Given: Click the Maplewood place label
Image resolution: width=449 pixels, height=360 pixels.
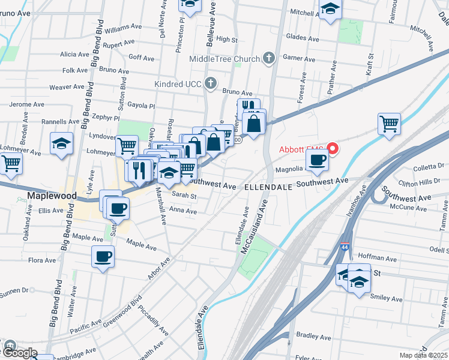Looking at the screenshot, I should pyautogui.click(x=52, y=196).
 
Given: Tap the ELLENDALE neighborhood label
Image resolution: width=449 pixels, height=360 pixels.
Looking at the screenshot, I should pyautogui.click(x=268, y=187).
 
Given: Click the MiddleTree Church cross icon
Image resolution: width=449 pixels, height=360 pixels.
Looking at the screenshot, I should pyautogui.click(x=269, y=58).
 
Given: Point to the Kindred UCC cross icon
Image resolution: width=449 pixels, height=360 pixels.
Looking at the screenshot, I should pyautogui.click(x=210, y=83).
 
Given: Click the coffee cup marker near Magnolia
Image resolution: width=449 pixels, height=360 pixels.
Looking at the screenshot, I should pyautogui.click(x=317, y=160).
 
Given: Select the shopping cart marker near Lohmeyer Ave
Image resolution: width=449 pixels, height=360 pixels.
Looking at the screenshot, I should pyautogui.click(x=11, y=163).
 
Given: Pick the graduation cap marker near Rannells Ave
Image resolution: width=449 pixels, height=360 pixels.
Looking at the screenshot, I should pyautogui.click(x=61, y=143).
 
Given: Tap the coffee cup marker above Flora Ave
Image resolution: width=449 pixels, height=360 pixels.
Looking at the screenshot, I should pyautogui.click(x=102, y=257).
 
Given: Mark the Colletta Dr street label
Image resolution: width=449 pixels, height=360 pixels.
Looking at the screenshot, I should pyautogui.click(x=428, y=167).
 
